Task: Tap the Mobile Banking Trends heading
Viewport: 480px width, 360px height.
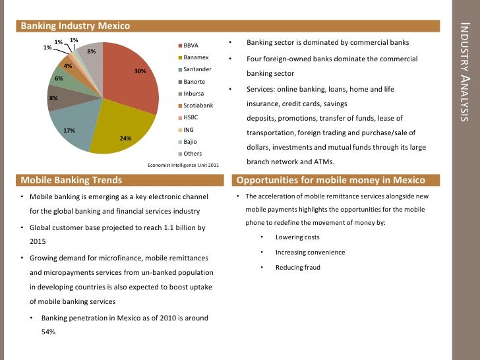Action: tap(71, 180)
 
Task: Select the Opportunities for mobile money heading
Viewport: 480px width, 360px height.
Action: tap(330, 180)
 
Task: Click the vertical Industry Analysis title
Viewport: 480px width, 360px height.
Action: tap(465, 73)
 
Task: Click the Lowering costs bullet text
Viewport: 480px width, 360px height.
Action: tap(297, 237)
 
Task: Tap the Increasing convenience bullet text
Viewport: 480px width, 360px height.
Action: tap(310, 252)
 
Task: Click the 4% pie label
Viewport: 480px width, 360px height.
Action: tap(67, 66)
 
